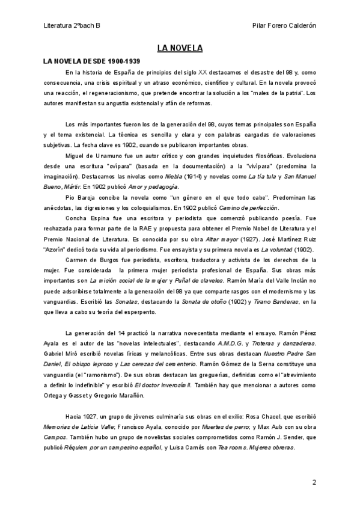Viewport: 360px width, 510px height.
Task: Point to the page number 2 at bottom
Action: tap(314, 482)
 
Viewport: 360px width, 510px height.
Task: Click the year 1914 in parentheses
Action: tap(206, 174)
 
